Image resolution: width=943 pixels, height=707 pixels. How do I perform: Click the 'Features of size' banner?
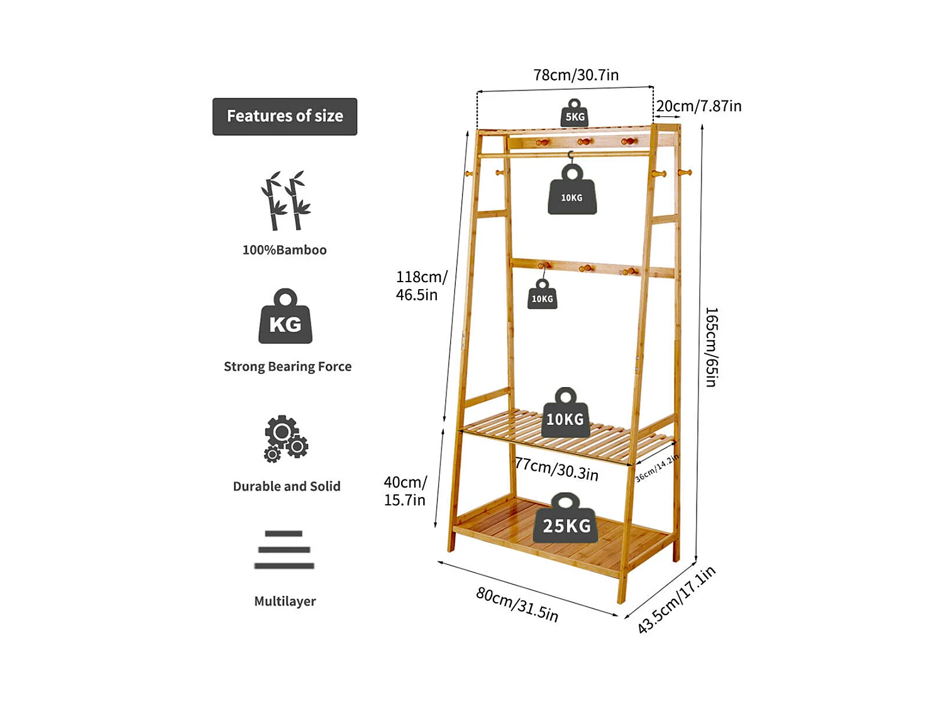coord(284,116)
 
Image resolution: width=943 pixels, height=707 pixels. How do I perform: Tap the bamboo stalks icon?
coord(285,200)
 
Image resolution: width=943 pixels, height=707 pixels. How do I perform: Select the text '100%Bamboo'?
coord(284,250)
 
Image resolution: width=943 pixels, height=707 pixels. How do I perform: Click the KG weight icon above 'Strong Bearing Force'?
coord(285,316)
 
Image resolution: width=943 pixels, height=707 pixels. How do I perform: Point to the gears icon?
coord(285,438)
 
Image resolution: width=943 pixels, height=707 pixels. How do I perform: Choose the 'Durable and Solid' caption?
coord(287,486)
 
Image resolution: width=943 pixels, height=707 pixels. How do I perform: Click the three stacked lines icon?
coord(284,550)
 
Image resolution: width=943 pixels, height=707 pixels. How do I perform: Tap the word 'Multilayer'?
coord(285,601)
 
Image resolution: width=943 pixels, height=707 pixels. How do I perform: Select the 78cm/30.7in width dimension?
coord(576,75)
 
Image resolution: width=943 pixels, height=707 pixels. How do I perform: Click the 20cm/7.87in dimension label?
coord(698,106)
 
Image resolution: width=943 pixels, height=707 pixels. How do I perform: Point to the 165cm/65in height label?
coord(712,347)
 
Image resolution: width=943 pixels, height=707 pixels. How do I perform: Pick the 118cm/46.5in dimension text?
coord(421,285)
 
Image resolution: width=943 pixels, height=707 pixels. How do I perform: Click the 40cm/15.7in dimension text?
coord(405,491)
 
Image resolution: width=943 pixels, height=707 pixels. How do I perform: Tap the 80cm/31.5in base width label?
coord(517,605)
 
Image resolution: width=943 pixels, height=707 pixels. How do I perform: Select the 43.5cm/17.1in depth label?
coord(676,600)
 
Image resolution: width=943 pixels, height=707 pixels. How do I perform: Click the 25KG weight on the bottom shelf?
coord(565,518)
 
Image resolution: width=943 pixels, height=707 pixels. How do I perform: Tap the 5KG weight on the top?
coord(575,113)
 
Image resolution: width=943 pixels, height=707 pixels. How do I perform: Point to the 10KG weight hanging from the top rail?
coord(572,189)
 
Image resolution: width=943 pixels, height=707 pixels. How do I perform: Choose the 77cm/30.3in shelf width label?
coord(557,469)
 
